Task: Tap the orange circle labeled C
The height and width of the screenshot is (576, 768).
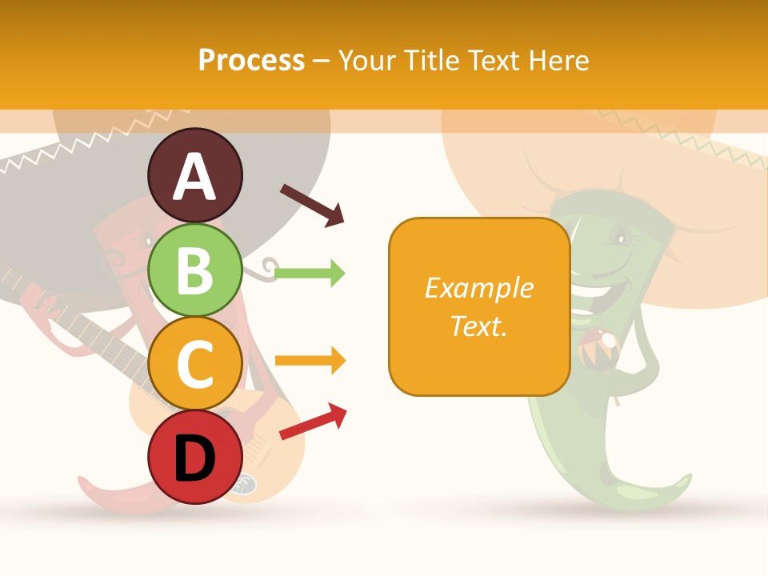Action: pos(195,364)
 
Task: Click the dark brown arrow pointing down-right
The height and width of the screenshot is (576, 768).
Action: pos(312,205)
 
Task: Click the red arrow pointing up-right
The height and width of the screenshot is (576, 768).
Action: pos(313,422)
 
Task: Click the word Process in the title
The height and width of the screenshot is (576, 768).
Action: pos(251,61)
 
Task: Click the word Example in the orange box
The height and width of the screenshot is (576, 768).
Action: pos(478,288)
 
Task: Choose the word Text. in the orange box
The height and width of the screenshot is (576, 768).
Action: pos(478,326)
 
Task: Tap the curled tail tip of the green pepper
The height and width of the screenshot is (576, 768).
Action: pos(680,480)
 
